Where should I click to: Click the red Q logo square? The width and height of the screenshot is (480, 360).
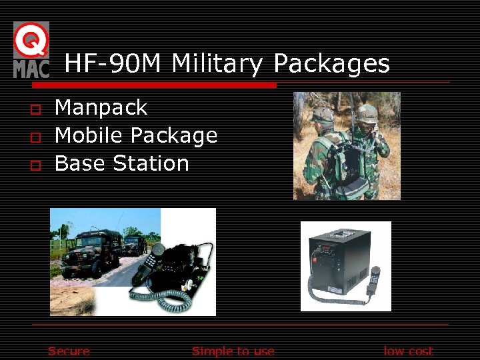[31, 39]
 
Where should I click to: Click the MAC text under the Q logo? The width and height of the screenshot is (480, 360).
[31, 68]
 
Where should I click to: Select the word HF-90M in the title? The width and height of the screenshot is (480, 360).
[113, 64]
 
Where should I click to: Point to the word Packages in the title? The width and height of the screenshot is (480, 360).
[331, 65]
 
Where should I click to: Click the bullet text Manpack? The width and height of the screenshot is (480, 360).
[101, 107]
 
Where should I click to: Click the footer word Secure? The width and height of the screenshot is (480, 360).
[69, 351]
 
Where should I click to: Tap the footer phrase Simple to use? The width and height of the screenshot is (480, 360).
[233, 351]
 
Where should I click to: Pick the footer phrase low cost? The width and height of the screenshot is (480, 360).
[408, 351]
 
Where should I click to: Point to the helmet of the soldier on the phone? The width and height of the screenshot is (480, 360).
[367, 112]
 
